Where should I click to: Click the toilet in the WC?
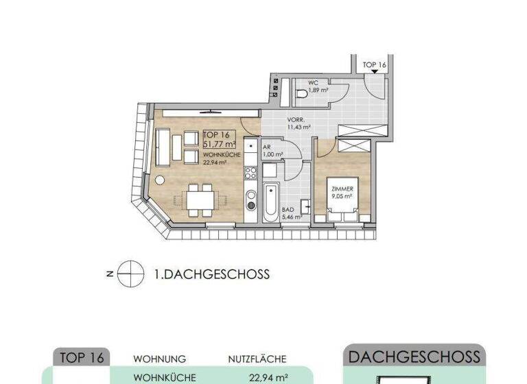(x=302, y=93)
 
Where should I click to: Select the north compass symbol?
(x=128, y=274)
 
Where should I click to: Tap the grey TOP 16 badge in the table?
(x=82, y=357)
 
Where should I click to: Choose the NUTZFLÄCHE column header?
(x=257, y=359)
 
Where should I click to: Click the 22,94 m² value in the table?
(x=268, y=377)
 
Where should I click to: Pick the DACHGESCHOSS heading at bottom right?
(x=414, y=357)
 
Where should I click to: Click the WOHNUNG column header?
(x=160, y=359)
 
